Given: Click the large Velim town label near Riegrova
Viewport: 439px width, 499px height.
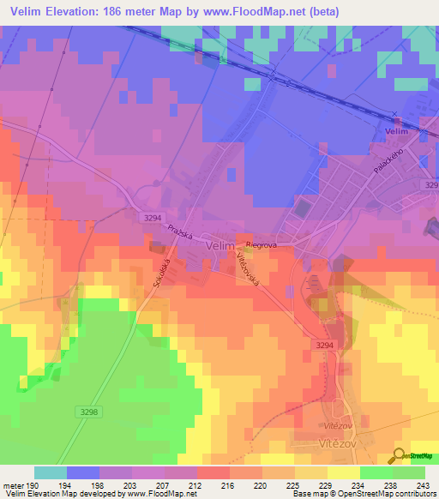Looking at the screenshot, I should (220, 244).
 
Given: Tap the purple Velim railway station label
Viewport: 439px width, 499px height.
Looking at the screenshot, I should (395, 131).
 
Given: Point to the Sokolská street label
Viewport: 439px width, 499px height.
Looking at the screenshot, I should (158, 273).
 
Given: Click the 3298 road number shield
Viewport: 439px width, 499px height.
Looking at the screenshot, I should (87, 412).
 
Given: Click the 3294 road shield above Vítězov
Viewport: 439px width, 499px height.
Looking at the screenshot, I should (322, 344).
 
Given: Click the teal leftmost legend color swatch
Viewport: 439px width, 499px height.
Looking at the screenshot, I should (50, 472).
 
